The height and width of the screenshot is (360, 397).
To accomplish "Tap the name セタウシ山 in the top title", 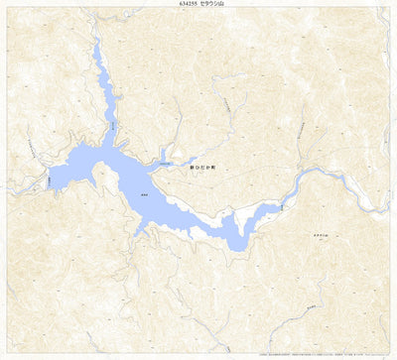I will pos(213,5).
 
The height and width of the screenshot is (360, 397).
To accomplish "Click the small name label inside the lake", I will pos(145,194).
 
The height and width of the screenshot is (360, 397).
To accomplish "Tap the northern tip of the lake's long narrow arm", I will pos(95,47).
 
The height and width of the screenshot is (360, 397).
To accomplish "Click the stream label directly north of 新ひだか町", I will pos(226,104).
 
